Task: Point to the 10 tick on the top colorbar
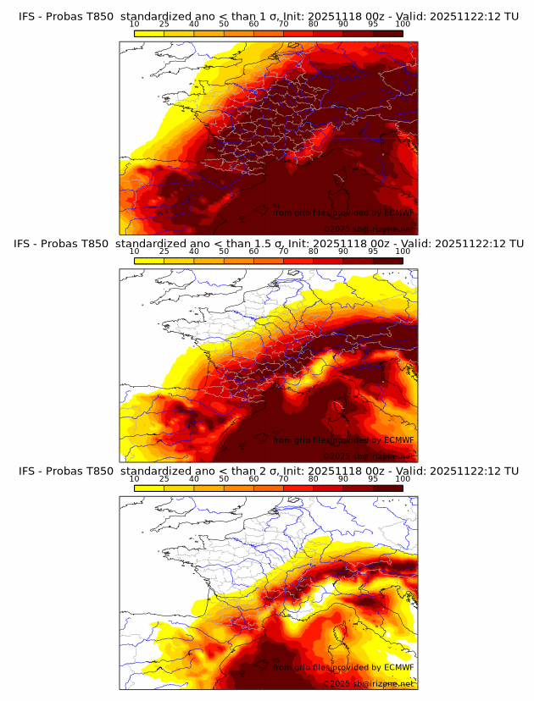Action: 135,24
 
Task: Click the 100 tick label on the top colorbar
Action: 403,24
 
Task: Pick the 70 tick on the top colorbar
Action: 283,24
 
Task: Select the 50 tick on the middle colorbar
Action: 224,251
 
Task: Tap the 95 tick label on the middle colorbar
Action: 373,251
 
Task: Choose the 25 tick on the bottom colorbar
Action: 164,479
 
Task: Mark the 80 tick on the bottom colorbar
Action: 314,479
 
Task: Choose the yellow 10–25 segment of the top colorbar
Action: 149,33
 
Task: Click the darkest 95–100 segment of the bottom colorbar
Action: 388,488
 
